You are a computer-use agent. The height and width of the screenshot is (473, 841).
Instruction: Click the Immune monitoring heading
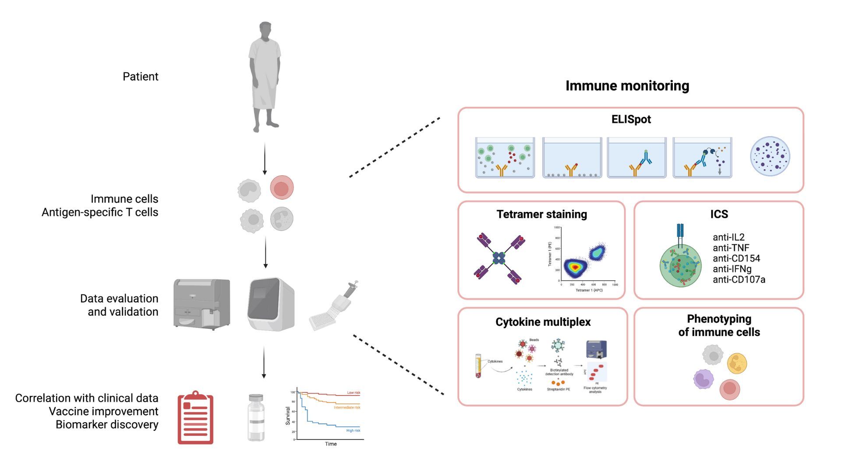(627, 86)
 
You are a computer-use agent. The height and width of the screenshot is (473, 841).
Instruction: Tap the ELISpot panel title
(631, 119)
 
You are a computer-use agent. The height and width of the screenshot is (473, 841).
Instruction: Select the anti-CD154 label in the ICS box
(736, 258)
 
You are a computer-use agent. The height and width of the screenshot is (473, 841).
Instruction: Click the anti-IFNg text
(732, 269)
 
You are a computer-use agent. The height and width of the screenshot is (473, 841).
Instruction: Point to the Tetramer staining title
(541, 214)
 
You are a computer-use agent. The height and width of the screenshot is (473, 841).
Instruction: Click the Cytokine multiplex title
(543, 322)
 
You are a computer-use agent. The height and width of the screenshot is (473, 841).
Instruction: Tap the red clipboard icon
(195, 418)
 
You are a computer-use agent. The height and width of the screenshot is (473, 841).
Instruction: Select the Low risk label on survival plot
(353, 392)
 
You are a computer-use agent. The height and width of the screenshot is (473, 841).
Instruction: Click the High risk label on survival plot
(353, 431)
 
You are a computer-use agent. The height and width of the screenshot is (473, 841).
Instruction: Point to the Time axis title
(331, 444)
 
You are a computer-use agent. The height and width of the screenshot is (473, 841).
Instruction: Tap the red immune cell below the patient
(282, 188)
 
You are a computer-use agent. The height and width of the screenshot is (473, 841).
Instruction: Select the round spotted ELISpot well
(770, 156)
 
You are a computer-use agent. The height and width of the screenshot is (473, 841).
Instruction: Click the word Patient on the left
(140, 77)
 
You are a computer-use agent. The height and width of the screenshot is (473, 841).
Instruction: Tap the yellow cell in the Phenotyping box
(737, 363)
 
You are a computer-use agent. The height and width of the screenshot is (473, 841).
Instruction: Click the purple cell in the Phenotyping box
(703, 379)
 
